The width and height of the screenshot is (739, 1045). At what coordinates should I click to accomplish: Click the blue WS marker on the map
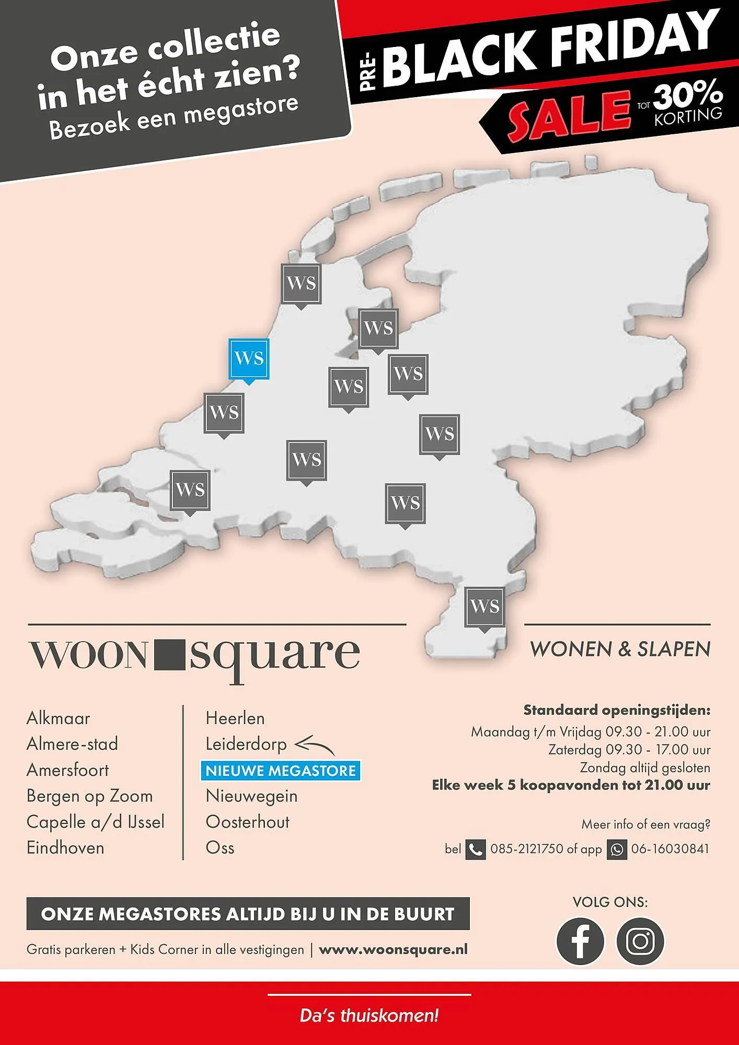tap(249, 359)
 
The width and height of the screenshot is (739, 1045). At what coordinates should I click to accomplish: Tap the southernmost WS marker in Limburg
tap(484, 607)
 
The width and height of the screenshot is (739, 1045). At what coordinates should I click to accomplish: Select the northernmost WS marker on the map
tap(301, 284)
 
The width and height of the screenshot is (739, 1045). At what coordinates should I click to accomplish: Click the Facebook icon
tap(580, 941)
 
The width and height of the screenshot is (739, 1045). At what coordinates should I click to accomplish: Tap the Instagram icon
tap(640, 941)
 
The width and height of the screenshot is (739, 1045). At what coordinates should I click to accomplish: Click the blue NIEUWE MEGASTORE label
tap(281, 771)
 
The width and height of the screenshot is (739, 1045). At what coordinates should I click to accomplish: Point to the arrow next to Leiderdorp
tap(314, 745)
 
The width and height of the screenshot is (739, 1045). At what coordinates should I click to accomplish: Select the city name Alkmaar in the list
tap(58, 718)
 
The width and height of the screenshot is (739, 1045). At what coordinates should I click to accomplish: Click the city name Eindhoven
tap(65, 847)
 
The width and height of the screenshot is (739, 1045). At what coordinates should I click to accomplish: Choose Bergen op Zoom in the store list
tap(89, 796)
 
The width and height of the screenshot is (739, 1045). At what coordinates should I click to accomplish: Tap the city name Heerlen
tap(235, 718)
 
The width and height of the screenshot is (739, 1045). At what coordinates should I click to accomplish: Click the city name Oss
tap(220, 847)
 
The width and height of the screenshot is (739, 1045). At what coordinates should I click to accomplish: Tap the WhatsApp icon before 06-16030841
tap(617, 850)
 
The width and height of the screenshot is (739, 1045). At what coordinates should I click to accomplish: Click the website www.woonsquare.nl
tap(393, 949)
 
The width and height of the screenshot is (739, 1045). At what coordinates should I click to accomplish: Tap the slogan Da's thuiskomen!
tap(369, 1016)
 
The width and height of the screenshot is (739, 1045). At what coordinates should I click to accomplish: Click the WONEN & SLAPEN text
tap(620, 649)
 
